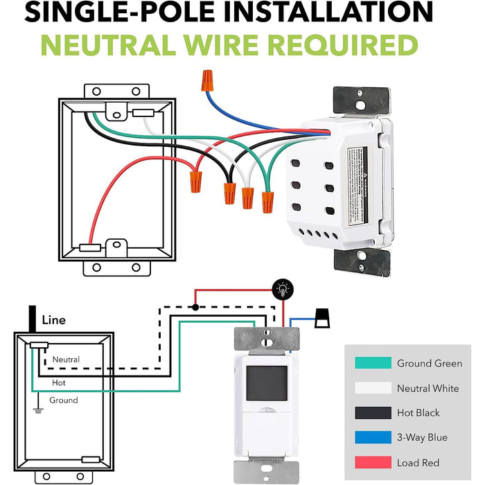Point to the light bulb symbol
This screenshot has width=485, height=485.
[x=281, y=289]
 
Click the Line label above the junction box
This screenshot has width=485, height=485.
[x=53, y=321]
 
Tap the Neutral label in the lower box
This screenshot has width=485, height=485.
[x=66, y=360]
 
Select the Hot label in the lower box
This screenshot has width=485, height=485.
[x=60, y=382]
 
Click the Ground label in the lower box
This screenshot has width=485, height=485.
[x=63, y=400]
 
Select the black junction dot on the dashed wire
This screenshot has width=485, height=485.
[x=196, y=307]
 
